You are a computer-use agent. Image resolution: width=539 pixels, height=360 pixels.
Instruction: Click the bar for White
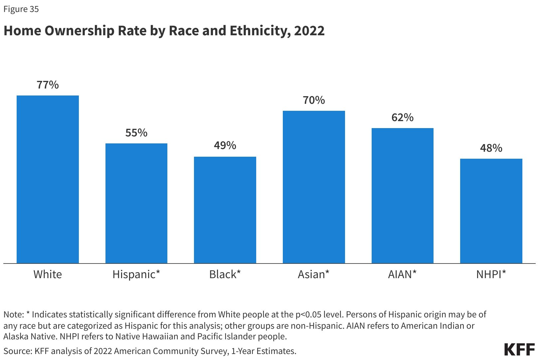point(48,180)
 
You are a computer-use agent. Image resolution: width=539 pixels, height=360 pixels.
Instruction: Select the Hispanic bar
point(136,203)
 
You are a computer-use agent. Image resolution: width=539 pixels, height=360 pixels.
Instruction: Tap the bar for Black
point(225,210)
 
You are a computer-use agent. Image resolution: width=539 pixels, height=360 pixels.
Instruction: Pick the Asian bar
point(314,187)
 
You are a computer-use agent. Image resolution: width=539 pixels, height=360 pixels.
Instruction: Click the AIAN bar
point(402,196)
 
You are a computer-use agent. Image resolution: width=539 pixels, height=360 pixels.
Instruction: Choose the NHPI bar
point(491,211)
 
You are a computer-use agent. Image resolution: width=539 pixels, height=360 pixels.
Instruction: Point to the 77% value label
point(48,85)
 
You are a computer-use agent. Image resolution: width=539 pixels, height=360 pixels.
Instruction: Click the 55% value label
point(136,133)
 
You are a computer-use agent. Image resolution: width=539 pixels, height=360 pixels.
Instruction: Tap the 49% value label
point(225,146)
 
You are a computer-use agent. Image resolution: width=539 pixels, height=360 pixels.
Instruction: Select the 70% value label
point(314,100)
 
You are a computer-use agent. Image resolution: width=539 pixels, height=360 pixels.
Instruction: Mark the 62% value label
point(402,118)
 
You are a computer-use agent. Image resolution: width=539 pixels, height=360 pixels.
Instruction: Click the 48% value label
point(491,148)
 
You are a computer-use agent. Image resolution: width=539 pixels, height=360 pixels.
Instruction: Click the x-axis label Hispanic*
point(136,274)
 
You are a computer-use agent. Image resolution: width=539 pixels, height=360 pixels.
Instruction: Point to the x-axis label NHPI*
point(491,274)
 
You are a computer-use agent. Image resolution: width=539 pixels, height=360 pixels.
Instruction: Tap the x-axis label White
point(48,274)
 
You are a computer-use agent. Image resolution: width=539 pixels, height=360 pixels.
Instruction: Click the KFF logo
point(519,349)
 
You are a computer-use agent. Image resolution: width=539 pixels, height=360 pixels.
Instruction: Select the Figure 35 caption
point(21,9)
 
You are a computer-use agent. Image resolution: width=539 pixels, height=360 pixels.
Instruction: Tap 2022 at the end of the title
point(309,31)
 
